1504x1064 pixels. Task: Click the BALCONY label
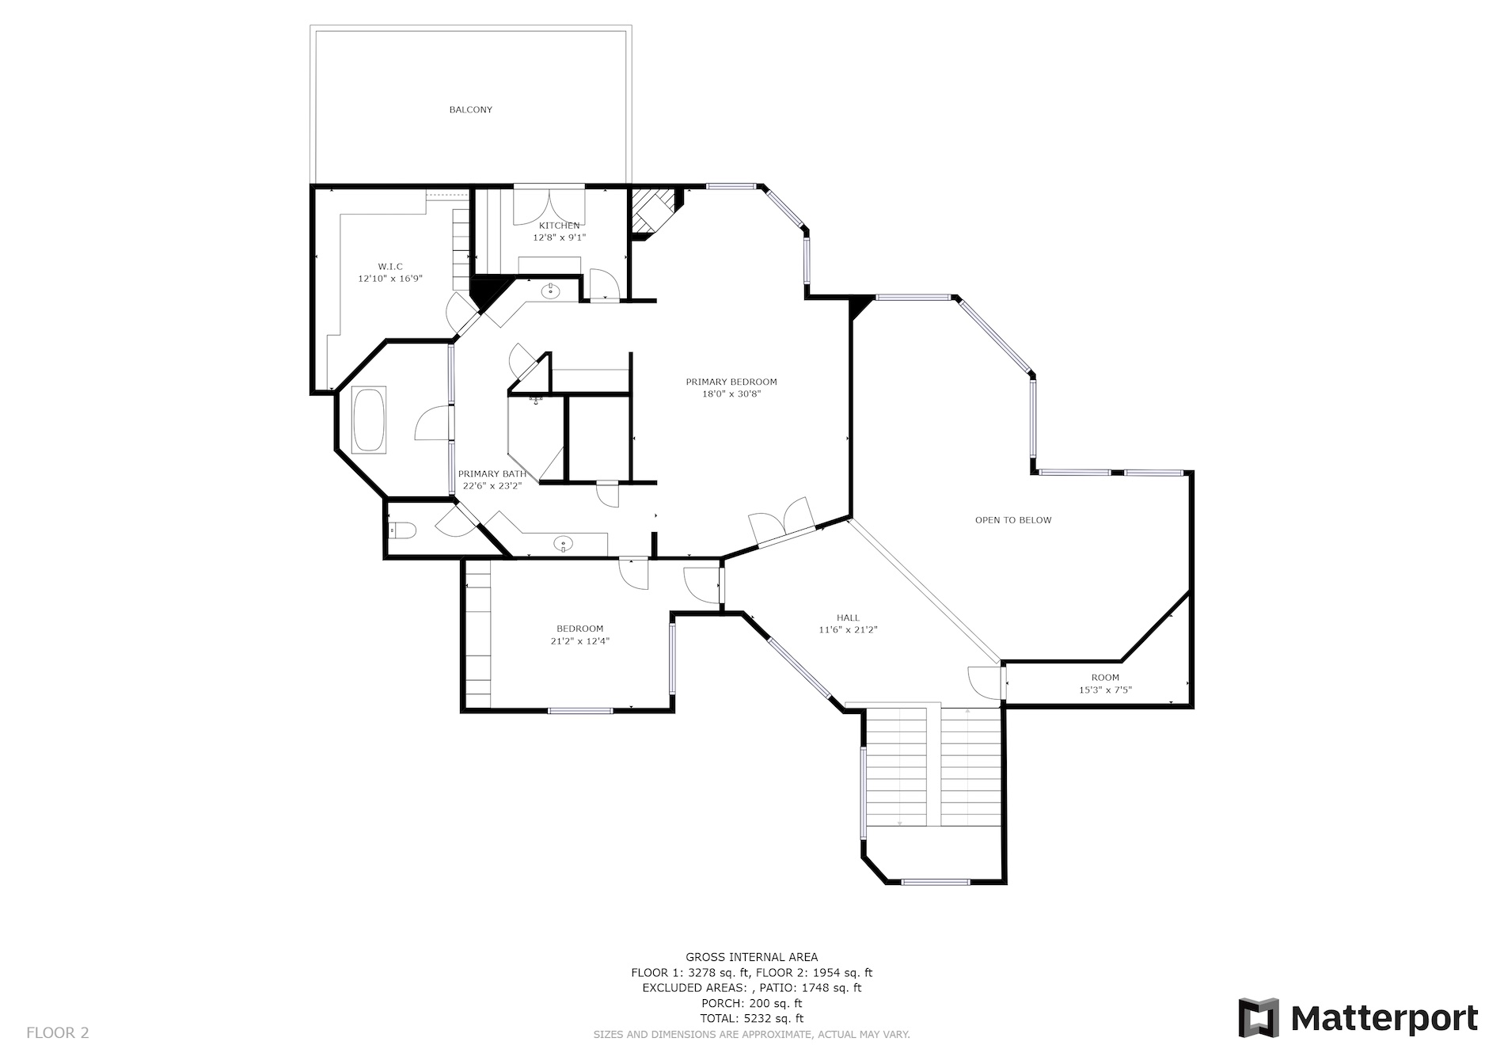tap(471, 110)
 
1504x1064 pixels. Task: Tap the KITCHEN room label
tap(559, 226)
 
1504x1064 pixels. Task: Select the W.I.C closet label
tap(390, 267)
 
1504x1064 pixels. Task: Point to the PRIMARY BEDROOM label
tap(731, 382)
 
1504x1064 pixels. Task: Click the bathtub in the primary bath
tap(369, 420)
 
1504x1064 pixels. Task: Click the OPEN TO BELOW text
tap(1013, 520)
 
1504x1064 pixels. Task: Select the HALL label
tap(849, 618)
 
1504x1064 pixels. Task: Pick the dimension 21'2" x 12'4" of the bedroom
tap(580, 641)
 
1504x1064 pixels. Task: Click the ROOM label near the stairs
tap(1105, 678)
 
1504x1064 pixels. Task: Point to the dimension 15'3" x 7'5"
tap(1105, 690)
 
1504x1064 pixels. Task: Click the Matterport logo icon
tap(1259, 1017)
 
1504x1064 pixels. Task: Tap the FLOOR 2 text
tap(58, 1033)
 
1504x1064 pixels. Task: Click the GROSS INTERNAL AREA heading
tap(752, 957)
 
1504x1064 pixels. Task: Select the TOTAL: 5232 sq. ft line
tap(752, 1019)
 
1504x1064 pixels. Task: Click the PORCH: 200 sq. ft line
tap(752, 1004)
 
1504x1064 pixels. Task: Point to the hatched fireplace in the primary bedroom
tap(651, 212)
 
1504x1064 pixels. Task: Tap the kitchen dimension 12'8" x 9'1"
tap(559, 237)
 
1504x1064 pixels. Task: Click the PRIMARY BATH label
tap(492, 474)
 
